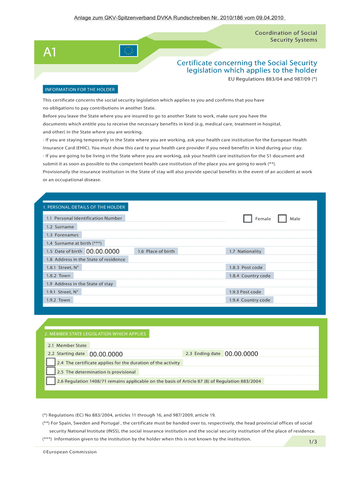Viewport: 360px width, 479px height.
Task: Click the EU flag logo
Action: pos(128,51)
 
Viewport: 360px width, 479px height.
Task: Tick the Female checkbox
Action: pos(247,218)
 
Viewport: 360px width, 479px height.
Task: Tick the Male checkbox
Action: pos(282,218)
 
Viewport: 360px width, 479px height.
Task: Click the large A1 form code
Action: pos(50,52)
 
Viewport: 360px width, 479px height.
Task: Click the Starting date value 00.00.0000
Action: pos(106,354)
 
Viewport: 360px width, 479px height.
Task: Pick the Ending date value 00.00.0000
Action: pos(241,354)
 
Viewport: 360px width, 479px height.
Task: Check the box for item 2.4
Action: pos(50,362)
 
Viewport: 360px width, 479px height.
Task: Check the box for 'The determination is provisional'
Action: pos(50,371)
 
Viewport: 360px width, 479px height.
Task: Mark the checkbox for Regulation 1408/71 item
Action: pos(50,381)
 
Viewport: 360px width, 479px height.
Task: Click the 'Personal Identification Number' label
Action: pos(84,218)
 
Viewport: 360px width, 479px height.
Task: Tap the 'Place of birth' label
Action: pos(156,251)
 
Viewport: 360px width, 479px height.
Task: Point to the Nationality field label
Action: pos(245,251)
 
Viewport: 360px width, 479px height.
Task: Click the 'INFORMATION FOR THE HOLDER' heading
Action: pos(79,89)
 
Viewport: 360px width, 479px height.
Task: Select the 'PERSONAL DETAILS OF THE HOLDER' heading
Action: pos(84,207)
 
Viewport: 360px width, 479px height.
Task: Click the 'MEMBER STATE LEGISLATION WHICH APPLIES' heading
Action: pos(95,334)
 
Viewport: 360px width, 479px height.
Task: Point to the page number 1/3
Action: pos(313,442)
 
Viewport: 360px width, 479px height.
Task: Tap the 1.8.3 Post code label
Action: pos(245,268)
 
